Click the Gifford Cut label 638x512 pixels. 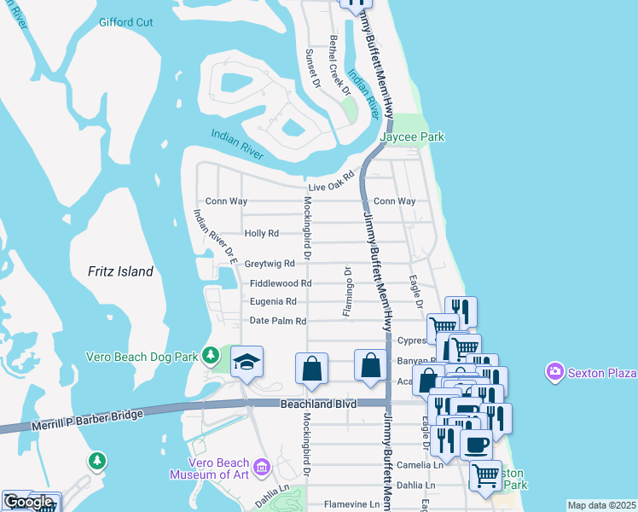(x=126, y=22)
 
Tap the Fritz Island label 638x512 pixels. (x=120, y=272)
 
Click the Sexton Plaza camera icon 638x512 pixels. (x=556, y=372)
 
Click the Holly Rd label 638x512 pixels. (x=262, y=233)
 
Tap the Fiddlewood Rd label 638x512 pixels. (x=281, y=283)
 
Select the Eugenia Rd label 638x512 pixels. (x=273, y=301)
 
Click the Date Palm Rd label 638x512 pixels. (x=277, y=321)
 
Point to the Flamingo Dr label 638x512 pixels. (x=347, y=291)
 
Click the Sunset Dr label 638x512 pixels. (x=311, y=70)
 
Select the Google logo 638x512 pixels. (x=28, y=502)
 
